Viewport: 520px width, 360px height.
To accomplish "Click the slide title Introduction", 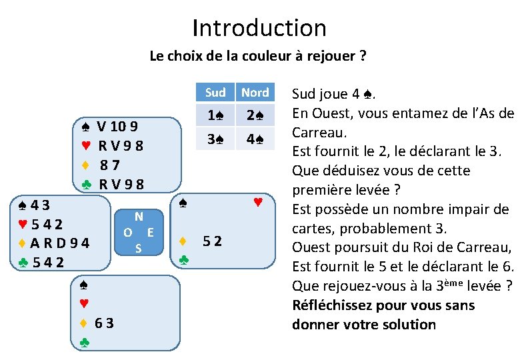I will [x=259, y=28].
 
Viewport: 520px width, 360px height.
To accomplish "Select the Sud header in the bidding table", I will [x=215, y=93].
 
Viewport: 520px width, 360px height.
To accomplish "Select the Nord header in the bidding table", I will [x=255, y=93].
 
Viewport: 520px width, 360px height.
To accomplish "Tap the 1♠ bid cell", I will [x=215, y=115].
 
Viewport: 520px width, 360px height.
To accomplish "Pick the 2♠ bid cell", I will [x=255, y=115].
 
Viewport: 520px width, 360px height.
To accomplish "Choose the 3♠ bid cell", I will [x=215, y=140].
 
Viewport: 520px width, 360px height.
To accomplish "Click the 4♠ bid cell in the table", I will [x=255, y=140].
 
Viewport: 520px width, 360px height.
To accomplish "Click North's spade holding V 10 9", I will [x=117, y=126].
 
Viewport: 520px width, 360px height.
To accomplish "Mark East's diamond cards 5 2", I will [x=213, y=241].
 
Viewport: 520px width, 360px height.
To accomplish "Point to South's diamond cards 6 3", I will [x=103, y=324].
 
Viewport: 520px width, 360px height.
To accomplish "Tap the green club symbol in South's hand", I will [x=85, y=343].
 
